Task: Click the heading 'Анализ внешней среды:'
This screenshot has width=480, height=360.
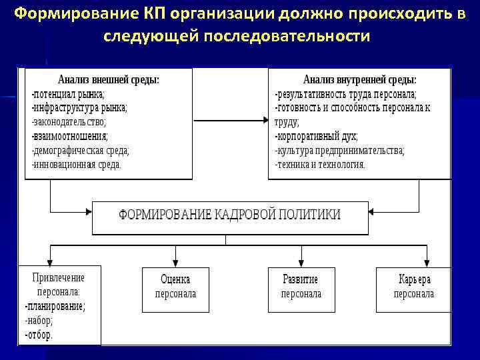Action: click(109, 79)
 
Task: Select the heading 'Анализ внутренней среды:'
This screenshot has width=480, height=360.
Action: click(360, 79)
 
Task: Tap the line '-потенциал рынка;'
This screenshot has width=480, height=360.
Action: click(68, 94)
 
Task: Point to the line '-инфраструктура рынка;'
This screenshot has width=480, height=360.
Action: click(79, 107)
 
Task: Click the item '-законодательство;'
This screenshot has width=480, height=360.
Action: click(69, 121)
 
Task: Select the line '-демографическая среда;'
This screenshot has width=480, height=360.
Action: click(81, 150)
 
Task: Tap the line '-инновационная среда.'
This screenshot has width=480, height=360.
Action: click(77, 164)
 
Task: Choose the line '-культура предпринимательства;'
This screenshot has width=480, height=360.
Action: click(339, 150)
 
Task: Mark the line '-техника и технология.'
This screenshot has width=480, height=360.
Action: click(320, 164)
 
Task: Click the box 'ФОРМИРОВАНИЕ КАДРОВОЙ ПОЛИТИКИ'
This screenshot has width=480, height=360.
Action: click(229, 215)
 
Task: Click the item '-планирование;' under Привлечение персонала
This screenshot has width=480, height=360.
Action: click(55, 307)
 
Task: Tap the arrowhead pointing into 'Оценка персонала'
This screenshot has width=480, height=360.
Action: click(175, 262)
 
